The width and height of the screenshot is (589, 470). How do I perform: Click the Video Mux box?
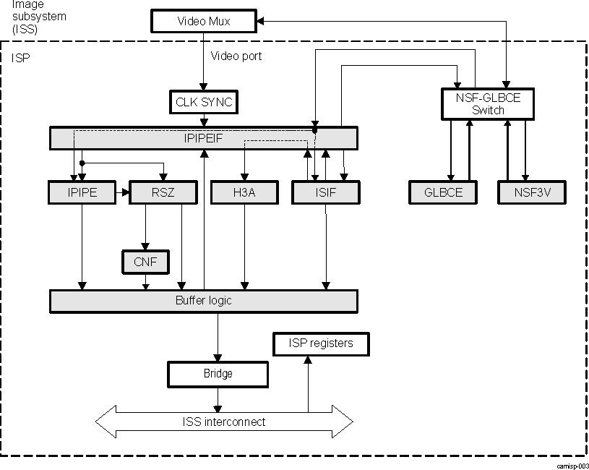[203, 21]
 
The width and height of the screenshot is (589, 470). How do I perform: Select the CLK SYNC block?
[204, 102]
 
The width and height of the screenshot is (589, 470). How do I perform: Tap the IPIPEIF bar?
[203, 137]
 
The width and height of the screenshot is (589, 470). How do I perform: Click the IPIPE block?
[82, 192]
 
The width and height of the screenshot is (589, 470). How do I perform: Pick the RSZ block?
[163, 192]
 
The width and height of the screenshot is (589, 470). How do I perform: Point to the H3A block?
[245, 192]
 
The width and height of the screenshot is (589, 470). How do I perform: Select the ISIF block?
[325, 192]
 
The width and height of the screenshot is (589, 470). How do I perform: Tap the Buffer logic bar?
[203, 301]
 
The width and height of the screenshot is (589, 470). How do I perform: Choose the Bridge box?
[218, 374]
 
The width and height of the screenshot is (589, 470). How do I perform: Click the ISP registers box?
[321, 343]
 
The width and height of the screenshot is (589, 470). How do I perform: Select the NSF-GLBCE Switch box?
[488, 103]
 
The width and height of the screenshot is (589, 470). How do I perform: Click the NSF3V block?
[530, 192]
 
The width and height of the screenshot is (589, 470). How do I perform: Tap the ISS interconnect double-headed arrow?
[224, 422]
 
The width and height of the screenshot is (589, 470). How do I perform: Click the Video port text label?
[236, 56]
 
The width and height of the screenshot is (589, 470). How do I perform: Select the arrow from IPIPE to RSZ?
[122, 192]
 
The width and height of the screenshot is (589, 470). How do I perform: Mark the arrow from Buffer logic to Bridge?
[218, 337]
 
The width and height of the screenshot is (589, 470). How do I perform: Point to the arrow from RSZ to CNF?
[146, 227]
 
